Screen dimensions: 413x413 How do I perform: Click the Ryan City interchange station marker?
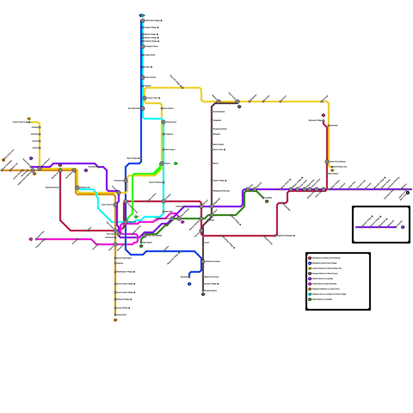point(126,222)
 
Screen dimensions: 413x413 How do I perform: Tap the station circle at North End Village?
point(143,21)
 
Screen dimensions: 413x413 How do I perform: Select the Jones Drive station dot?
point(115,315)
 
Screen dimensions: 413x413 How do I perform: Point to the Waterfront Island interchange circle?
point(203,261)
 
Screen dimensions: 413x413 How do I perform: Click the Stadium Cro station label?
point(85,188)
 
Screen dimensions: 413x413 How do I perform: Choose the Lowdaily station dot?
point(263,198)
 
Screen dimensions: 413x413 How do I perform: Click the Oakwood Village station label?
point(315,121)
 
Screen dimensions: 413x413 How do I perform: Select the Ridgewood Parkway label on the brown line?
point(221,191)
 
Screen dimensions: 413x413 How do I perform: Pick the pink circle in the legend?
point(310,284)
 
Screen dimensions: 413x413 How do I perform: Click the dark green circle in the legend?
point(310,299)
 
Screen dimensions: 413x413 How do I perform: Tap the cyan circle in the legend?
point(310,294)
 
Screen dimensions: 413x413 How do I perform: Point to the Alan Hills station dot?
point(163,212)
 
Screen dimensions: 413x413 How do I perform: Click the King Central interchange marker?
point(163,122)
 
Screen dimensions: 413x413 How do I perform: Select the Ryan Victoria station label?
point(107,205)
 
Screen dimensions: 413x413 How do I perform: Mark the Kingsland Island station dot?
point(212,129)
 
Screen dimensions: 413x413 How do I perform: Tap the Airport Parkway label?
point(156,182)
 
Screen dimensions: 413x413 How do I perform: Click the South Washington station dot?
point(115,258)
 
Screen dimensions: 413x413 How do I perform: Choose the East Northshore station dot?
point(60,188)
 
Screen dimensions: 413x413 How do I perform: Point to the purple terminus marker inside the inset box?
point(403,227)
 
